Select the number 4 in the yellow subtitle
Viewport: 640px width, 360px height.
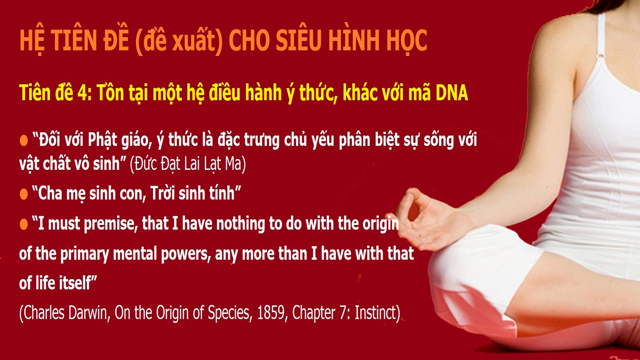82,92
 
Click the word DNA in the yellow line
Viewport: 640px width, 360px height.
452,92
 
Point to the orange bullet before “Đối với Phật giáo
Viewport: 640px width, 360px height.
24,140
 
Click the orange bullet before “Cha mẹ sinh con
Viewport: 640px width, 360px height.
24,194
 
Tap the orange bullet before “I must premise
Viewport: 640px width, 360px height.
24,224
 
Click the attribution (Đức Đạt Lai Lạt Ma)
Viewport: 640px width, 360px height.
188,164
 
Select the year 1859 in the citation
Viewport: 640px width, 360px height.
272,312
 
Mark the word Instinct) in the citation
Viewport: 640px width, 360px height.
377,312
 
